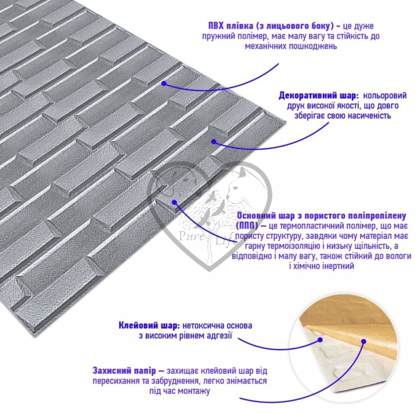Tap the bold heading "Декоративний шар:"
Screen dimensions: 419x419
pyautogui.click(x=318, y=96)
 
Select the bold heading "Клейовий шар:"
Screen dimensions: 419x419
pyautogui.click(x=149, y=326)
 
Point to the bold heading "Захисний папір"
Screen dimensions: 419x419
pyautogui.click(x=125, y=371)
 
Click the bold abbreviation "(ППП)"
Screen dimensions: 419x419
pyautogui.click(x=247, y=226)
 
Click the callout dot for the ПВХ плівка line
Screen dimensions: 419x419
pyautogui.click(x=164, y=83)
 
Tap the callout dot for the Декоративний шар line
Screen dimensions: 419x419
pyautogui.click(x=214, y=141)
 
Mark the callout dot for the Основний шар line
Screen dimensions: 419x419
pyautogui.click(x=175, y=202)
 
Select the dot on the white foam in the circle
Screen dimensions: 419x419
pyautogui.click(x=320, y=340)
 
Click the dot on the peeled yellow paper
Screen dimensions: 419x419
pyautogui.click(x=364, y=341)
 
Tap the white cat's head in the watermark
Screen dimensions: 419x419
pyautogui.click(x=237, y=185)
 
